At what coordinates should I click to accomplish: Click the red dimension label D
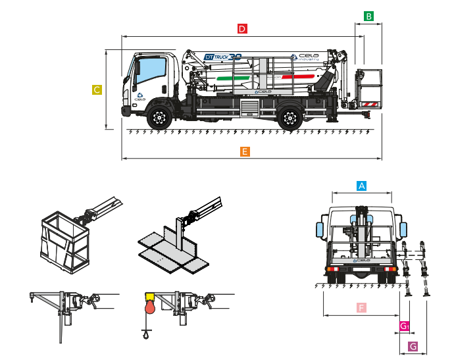click(x=242, y=29)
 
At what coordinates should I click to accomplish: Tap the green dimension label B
click(x=369, y=16)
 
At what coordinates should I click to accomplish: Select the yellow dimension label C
click(x=97, y=90)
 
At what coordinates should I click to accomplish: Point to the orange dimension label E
click(x=245, y=152)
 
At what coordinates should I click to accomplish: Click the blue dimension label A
click(x=361, y=186)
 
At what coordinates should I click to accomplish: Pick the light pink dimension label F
click(x=361, y=307)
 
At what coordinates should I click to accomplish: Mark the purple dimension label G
click(x=413, y=346)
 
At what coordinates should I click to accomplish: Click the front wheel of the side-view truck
click(x=158, y=118)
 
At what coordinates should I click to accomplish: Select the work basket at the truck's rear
click(x=368, y=87)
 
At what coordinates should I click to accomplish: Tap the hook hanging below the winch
click(x=145, y=336)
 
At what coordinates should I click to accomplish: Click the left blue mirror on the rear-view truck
click(x=320, y=228)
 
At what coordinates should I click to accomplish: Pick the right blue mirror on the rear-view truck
click(x=404, y=230)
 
